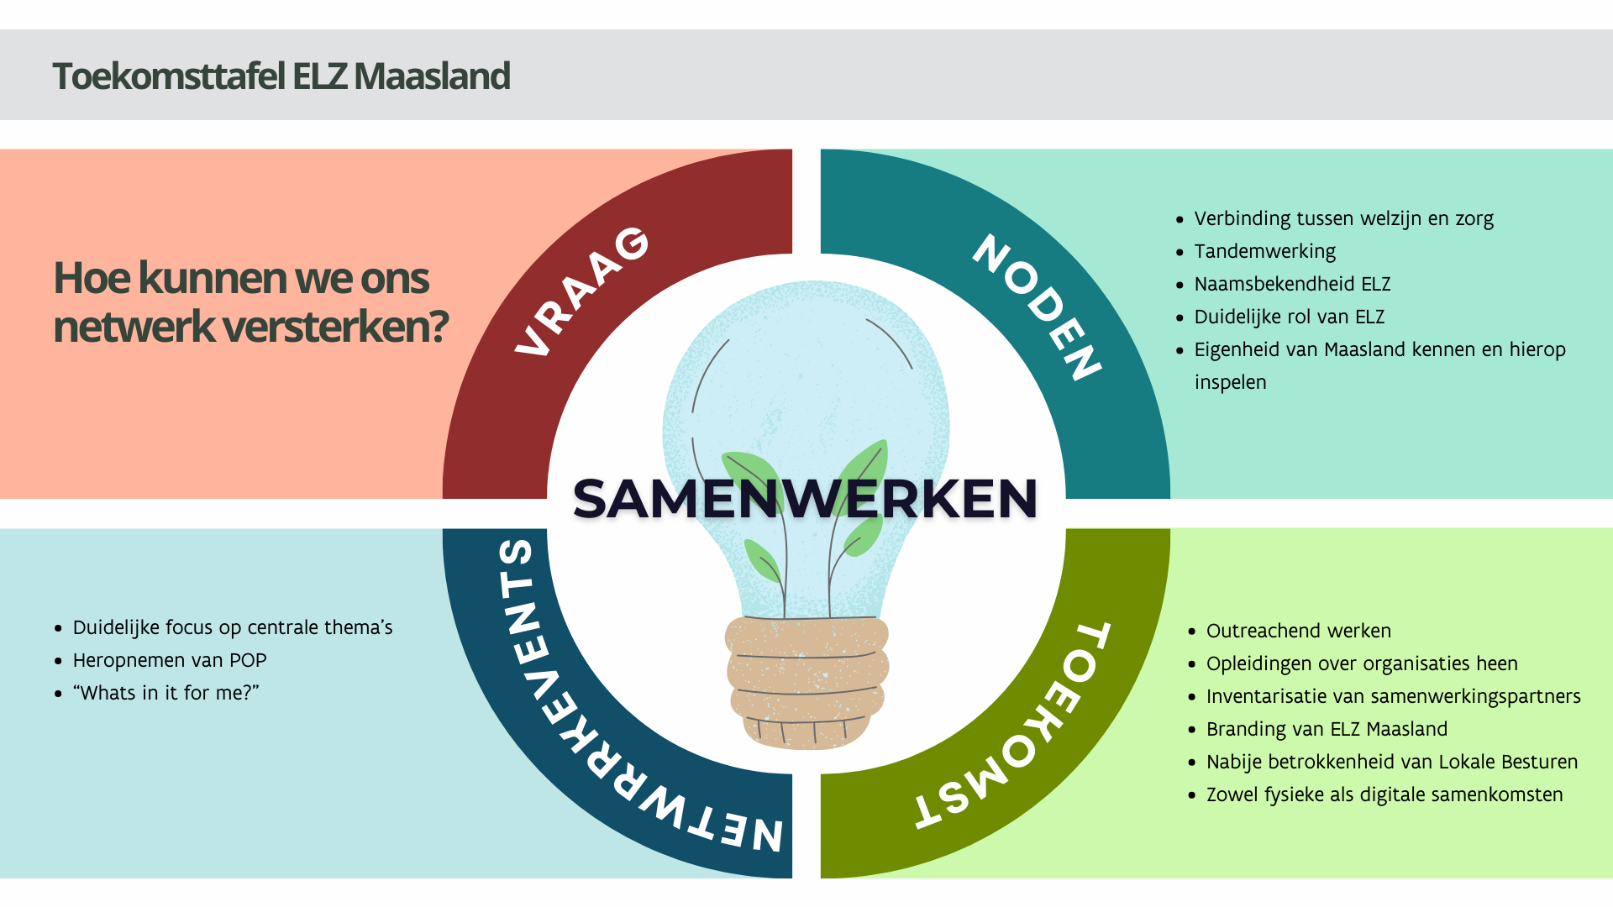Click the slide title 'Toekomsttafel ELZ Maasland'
tap(281, 76)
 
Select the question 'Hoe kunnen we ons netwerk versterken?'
tap(251, 301)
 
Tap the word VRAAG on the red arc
tap(581, 291)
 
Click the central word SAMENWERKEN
tap(805, 498)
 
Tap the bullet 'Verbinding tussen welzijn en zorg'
tap(1343, 218)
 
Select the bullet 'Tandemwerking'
tap(1264, 251)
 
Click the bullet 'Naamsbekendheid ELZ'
tap(1292, 284)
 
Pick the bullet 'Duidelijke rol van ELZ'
tap(1289, 317)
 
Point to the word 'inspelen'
tap(1230, 382)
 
